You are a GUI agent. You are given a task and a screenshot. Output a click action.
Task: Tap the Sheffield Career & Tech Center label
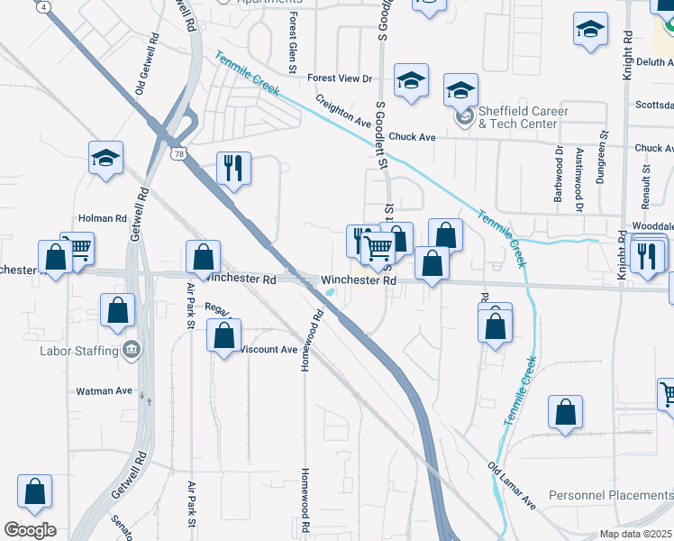click(523, 117)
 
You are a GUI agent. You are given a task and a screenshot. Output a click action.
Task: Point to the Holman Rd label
click(102, 218)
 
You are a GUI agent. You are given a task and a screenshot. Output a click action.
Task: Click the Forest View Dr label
click(340, 78)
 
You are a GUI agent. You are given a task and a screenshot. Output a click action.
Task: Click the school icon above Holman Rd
click(105, 158)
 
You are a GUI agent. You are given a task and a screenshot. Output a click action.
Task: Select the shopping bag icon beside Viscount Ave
click(223, 336)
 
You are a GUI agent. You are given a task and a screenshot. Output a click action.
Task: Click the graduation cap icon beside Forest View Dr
click(411, 82)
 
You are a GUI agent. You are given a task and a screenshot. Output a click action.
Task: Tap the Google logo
click(30, 530)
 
